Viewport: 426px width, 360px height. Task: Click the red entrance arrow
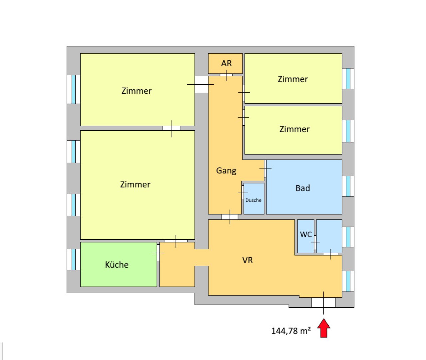pos(324,328)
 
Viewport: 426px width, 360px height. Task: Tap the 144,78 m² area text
pos(291,331)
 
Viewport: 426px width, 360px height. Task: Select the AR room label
pos(226,63)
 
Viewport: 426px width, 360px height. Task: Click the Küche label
pos(117,265)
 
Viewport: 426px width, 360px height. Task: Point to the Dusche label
pos(253,200)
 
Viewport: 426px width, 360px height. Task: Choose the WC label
pos(306,234)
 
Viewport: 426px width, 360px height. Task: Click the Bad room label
pos(303,188)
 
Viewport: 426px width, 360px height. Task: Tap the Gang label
pos(226,171)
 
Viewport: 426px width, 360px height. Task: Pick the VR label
pos(247,260)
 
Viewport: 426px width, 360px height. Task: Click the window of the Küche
pos(74,259)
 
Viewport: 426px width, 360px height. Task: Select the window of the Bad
pos(348,186)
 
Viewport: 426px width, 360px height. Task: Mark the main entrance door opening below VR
pos(323,303)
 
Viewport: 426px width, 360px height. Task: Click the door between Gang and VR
pos(230,217)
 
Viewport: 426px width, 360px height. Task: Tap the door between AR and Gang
pos(226,75)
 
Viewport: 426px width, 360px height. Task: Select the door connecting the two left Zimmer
pos(172,128)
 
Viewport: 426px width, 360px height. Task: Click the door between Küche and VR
pos(158,253)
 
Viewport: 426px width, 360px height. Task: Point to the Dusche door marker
pos(243,192)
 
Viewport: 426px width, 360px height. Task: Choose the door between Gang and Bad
pos(265,169)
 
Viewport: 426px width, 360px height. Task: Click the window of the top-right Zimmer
pos(348,78)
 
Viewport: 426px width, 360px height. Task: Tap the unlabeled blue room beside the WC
pos(329,236)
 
